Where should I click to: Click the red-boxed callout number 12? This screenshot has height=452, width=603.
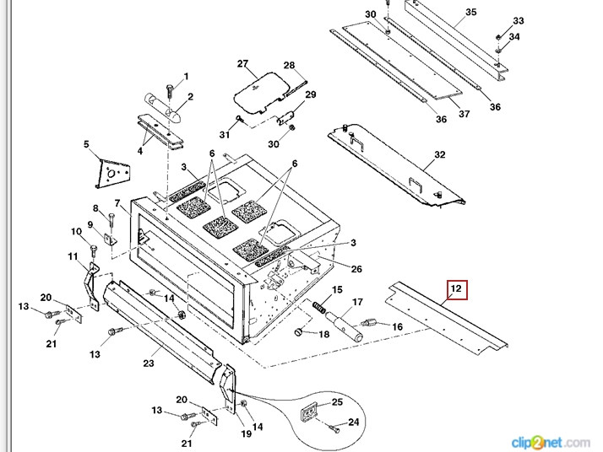tap(456, 290)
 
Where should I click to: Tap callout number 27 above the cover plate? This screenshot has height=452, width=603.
tap(242, 65)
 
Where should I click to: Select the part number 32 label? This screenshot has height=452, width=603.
tap(439, 155)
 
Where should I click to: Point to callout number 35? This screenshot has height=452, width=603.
tap(470, 12)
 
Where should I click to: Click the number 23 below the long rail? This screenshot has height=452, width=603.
tap(148, 363)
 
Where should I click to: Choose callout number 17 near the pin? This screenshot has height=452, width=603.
tap(357, 302)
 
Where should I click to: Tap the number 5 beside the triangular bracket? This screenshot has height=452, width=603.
tap(86, 145)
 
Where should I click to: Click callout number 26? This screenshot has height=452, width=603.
tap(356, 269)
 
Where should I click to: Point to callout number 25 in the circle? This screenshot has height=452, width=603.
tap(337, 401)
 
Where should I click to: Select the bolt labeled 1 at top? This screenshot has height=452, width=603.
tap(169, 87)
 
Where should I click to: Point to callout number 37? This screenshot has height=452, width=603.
tap(464, 113)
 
